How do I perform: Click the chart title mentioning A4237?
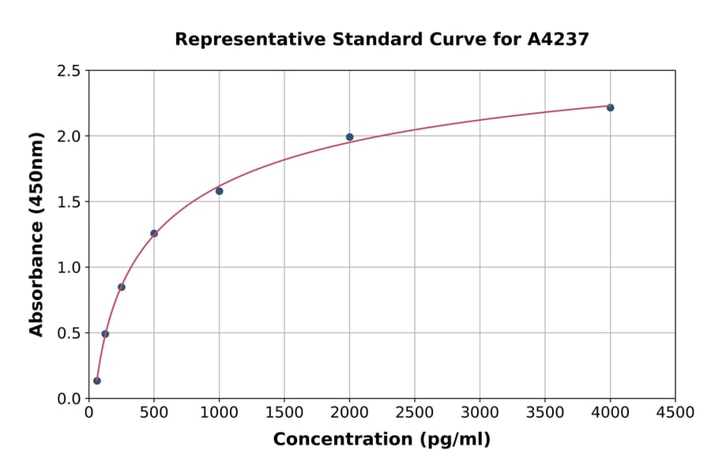[x=382, y=39]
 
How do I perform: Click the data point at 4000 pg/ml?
[x=610, y=107]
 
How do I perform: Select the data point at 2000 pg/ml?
[x=349, y=137]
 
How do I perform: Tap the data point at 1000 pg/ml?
[x=219, y=191]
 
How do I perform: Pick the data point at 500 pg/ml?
[x=154, y=233]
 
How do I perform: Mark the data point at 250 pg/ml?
[x=122, y=287]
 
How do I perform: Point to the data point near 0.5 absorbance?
[x=105, y=334]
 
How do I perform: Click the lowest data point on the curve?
[x=97, y=381]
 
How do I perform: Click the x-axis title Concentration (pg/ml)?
[x=382, y=440]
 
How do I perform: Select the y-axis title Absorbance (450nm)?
[x=36, y=234]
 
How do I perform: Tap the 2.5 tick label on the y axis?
[x=68, y=71]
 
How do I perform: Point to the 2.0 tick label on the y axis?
[x=68, y=137]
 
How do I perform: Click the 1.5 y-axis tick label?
[x=68, y=202]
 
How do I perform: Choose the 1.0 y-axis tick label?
[x=68, y=268]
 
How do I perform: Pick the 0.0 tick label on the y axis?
[x=68, y=399]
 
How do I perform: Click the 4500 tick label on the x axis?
[x=675, y=413]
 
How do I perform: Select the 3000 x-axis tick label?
[x=480, y=413]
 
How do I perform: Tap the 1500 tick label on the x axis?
[x=284, y=413]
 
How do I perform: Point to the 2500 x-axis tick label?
[x=415, y=413]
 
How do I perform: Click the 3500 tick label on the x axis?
[x=545, y=413]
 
